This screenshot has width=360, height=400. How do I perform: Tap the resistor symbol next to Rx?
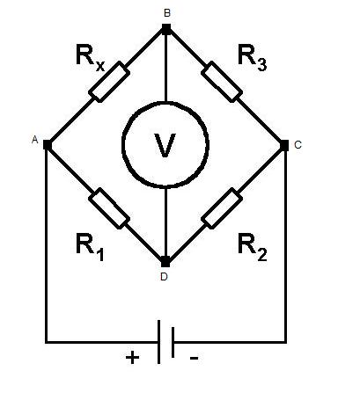click(109, 82)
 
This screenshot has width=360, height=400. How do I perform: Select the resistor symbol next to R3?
click(222, 82)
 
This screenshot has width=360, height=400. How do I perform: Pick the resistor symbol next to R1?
click(109, 208)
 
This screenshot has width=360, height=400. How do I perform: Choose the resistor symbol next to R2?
click(222, 208)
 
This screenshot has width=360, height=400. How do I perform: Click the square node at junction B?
click(166, 28)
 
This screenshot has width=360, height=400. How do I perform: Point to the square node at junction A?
click(48, 145)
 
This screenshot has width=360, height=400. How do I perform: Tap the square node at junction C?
click(284, 145)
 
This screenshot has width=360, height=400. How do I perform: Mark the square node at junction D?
click(165, 263)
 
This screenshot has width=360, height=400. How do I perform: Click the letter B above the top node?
click(167, 13)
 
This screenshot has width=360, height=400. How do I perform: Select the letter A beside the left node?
click(35, 140)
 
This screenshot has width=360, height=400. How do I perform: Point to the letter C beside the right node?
click(298, 145)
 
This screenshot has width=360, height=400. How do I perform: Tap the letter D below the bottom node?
click(164, 277)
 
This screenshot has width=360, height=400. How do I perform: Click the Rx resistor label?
click(90, 58)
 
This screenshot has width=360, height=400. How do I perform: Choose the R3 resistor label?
click(253, 58)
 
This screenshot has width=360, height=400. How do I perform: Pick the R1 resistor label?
click(90, 247)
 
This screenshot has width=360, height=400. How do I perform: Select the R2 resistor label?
click(253, 247)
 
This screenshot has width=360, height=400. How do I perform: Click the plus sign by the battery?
click(132, 358)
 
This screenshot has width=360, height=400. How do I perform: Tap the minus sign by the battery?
click(195, 358)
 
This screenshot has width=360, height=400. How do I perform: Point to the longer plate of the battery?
click(158, 342)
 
